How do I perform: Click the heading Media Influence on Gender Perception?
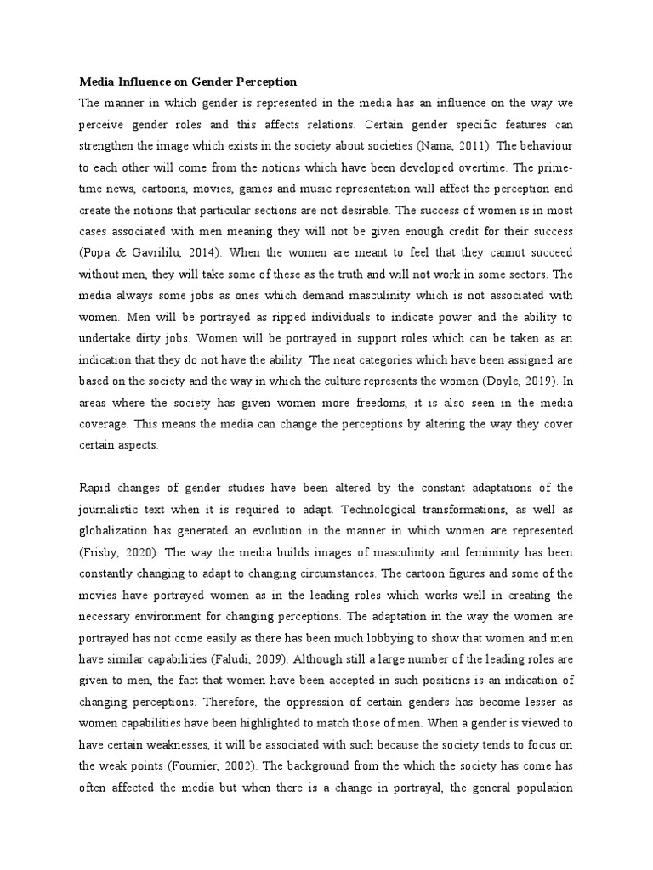pyautogui.click(x=188, y=82)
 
